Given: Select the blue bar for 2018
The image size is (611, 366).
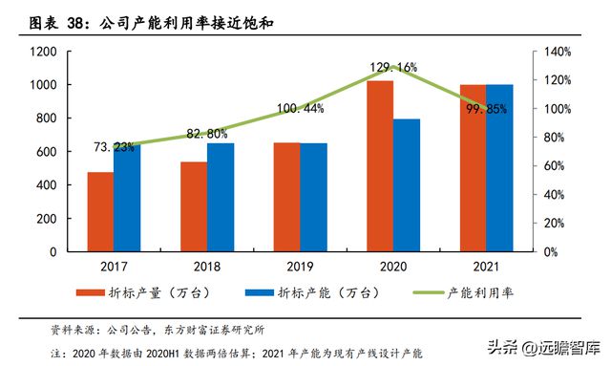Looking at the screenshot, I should pyautogui.click(x=221, y=198).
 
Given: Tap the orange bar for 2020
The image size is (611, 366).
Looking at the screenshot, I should pyautogui.click(x=380, y=166).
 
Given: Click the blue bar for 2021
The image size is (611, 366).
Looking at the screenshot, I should pyautogui.click(x=499, y=168).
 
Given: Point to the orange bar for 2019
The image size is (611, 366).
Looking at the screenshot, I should pyautogui.click(x=287, y=197).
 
